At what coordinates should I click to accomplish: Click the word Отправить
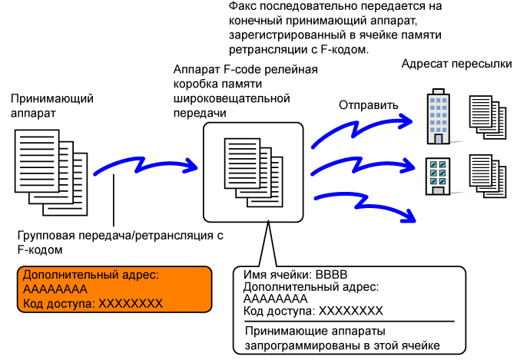tap(370, 104)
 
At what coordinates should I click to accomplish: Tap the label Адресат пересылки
tap(456, 64)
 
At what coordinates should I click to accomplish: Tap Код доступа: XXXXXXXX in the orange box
tap(93, 303)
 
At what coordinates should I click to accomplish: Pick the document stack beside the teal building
tap(488, 177)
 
